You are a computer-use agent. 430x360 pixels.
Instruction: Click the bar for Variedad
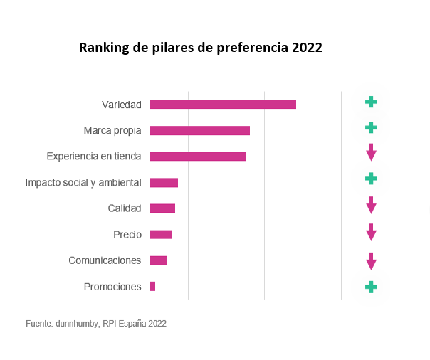pos(223,105)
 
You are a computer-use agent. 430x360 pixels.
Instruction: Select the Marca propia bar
pos(199,130)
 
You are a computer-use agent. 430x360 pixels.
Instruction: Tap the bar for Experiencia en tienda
pos(198,157)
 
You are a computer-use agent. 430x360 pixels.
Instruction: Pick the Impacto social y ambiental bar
pos(164,183)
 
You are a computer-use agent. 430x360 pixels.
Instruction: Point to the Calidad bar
pos(162,208)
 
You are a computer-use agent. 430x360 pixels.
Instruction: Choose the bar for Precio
pos(161,235)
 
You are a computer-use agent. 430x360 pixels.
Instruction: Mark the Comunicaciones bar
pos(158,260)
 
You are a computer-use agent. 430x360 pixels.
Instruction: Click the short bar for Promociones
pos(152,287)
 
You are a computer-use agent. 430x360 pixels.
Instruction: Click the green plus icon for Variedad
pos(371,102)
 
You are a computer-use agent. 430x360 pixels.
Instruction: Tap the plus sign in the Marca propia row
pos(371,127)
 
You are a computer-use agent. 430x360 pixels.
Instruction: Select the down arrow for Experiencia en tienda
pos(371,152)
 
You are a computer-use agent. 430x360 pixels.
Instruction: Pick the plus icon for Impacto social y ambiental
pos(371,179)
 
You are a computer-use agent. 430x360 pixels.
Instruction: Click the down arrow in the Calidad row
pos(371,206)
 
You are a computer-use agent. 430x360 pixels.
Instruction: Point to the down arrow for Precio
pos(371,232)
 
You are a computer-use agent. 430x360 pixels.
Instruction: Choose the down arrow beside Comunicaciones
pos(371,261)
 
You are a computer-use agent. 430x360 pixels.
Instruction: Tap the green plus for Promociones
pos(371,287)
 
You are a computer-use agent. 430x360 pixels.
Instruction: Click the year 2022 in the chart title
pos(307,48)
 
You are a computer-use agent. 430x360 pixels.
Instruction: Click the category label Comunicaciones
pos(105,260)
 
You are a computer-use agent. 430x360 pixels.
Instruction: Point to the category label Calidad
pos(125,208)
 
